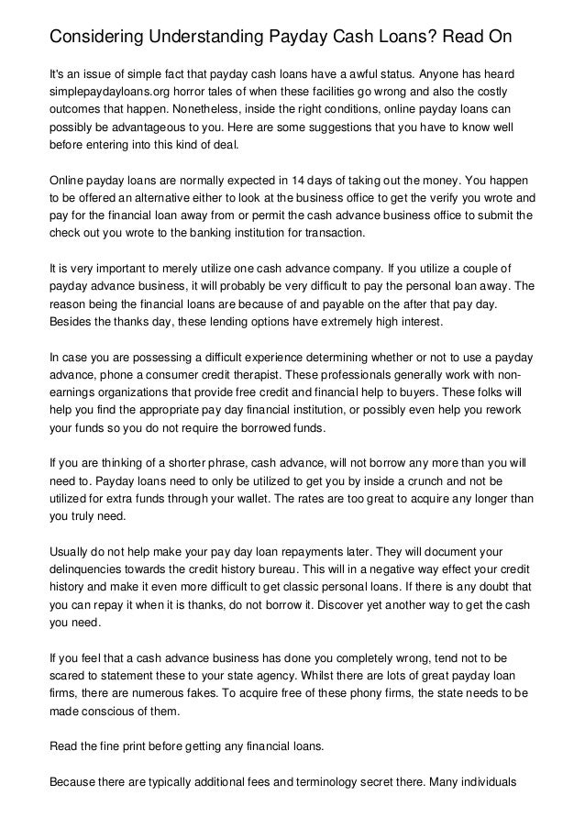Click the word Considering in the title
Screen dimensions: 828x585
[x=99, y=38]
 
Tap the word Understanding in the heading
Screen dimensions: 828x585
[x=224, y=38]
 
